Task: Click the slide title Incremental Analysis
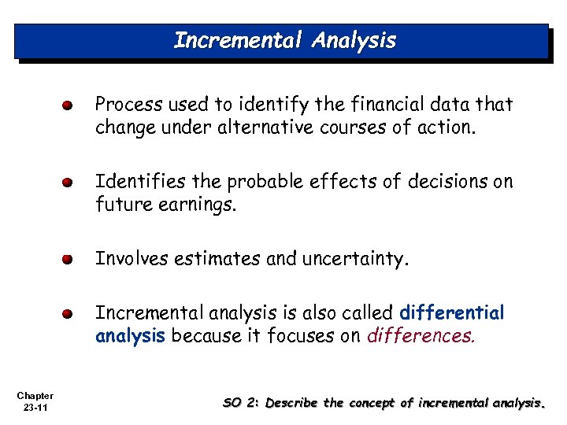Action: [284, 40]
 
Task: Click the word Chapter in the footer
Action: [34, 395]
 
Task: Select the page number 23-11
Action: [34, 407]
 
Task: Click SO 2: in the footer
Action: [241, 403]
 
